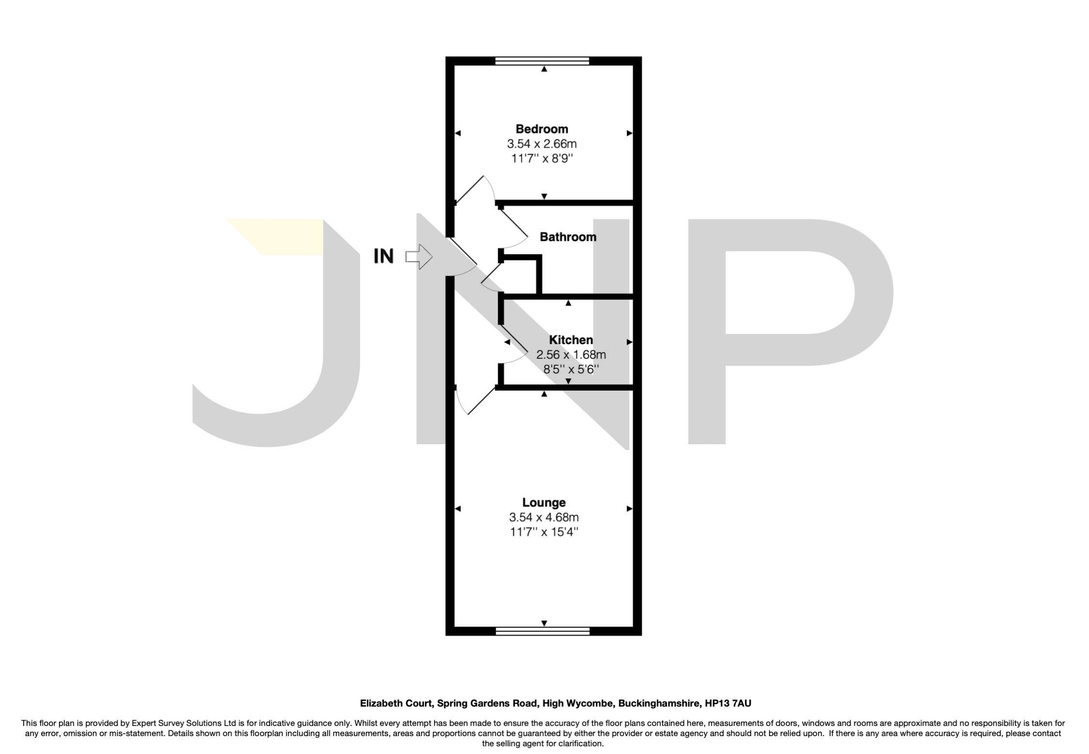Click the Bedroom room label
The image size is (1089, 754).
(x=542, y=129)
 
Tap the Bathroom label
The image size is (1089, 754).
(x=568, y=237)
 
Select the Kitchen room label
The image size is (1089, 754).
(x=571, y=340)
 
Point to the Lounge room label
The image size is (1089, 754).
(x=544, y=502)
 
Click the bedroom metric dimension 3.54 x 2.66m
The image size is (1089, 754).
(x=542, y=144)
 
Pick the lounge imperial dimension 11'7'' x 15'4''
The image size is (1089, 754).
(x=544, y=532)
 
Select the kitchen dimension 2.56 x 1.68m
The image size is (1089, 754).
(x=571, y=355)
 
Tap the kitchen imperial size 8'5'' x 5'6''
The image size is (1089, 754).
(x=571, y=370)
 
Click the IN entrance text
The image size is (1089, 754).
(x=384, y=256)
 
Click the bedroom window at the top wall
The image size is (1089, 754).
(x=542, y=61)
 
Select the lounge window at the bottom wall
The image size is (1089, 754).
(x=543, y=631)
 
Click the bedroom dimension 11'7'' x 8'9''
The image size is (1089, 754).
(x=542, y=159)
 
